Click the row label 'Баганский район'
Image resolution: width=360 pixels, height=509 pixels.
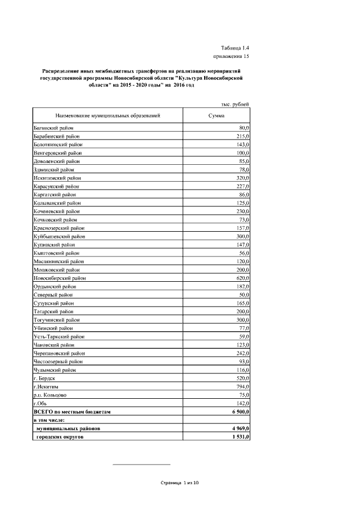point(53,128)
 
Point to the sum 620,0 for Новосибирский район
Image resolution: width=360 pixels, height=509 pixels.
point(242,277)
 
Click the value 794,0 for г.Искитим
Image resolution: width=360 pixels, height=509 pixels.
point(242,387)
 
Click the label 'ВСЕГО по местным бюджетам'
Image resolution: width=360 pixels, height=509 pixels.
point(72,412)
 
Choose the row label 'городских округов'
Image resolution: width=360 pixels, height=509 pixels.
point(61,437)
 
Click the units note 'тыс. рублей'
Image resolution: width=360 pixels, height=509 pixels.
point(236,104)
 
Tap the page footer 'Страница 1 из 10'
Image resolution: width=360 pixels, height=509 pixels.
point(180,483)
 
